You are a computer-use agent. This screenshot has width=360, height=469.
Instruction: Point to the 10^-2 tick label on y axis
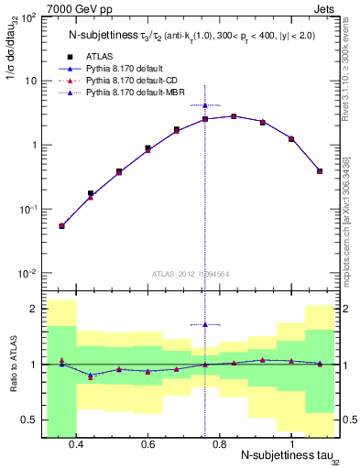27,274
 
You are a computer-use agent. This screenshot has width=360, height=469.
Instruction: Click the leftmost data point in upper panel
61,225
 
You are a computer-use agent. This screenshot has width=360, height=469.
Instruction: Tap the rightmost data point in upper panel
320,170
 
